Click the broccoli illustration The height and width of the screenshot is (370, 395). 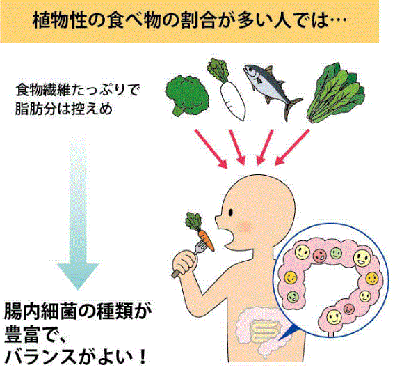coord(187,96)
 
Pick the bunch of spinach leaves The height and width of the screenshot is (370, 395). coord(337,93)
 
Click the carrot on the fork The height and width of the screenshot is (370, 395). coord(207,241)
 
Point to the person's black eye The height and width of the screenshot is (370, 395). coord(231,213)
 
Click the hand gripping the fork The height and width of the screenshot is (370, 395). coord(184,264)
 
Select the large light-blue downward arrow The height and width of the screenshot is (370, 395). coord(78,212)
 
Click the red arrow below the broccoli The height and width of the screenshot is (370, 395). coord(211,149)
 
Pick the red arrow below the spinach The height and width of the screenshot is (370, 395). coord(292,148)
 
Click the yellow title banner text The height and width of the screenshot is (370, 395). coord(190,21)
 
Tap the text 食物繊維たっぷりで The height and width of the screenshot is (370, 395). coord(78,90)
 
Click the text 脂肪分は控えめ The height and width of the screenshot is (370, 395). coord(63,109)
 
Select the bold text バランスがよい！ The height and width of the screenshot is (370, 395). coord(76,357)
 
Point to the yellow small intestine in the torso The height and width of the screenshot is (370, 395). coord(266,331)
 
